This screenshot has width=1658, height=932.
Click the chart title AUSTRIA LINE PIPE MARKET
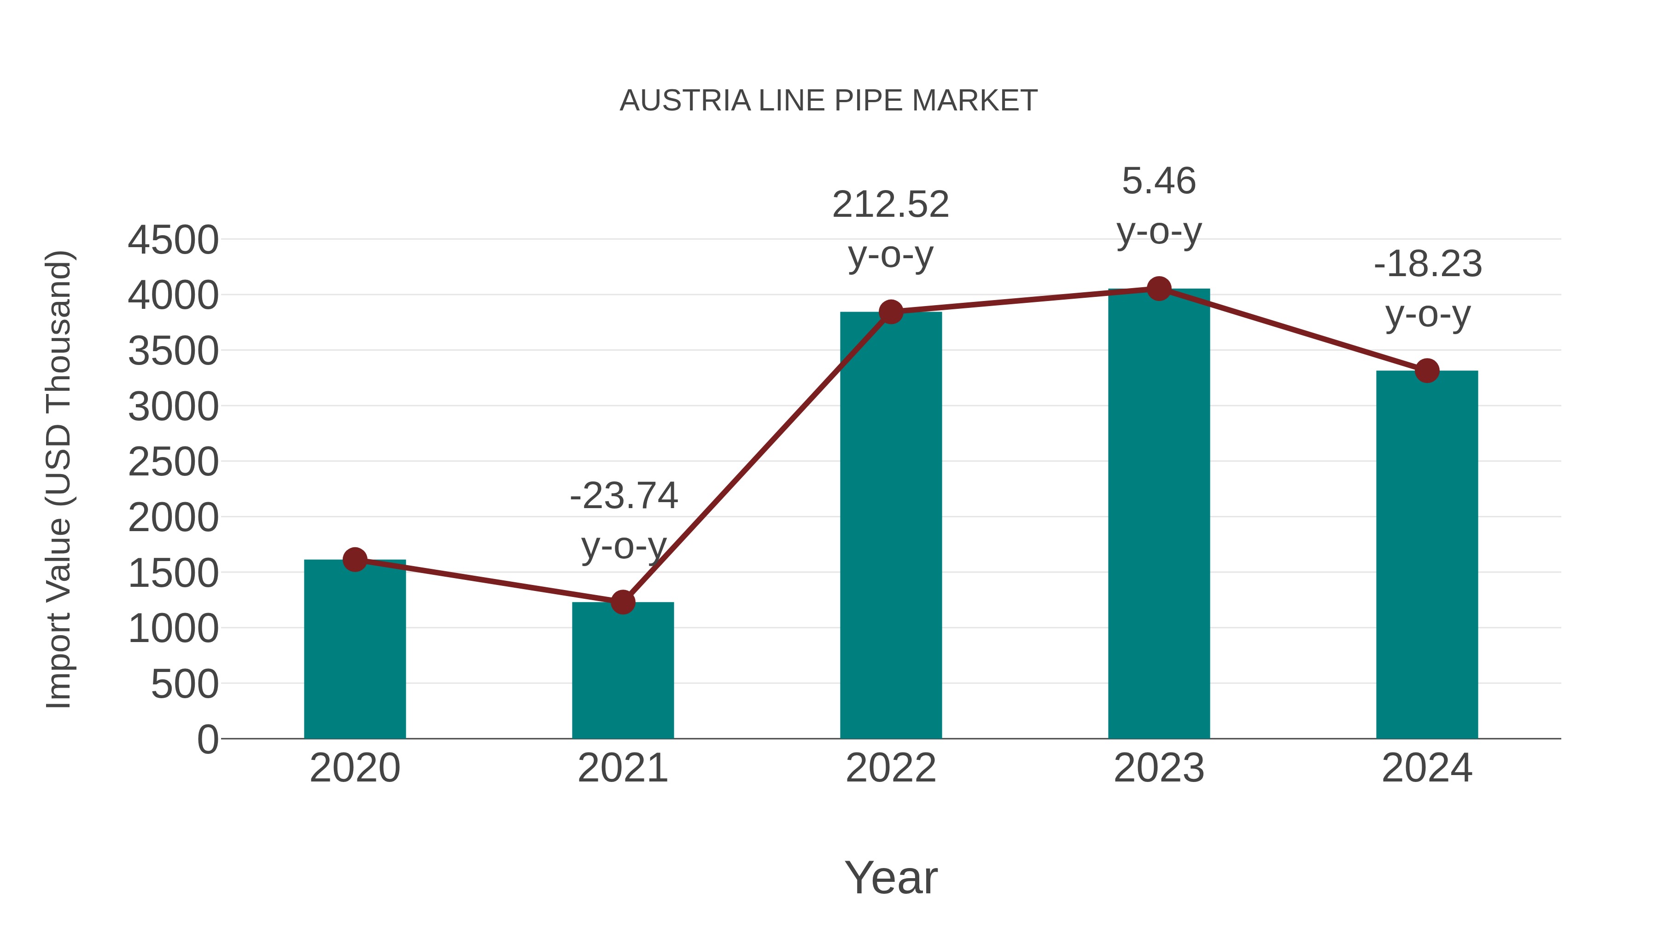pos(829,101)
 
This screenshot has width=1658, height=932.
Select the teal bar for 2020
pos(355,649)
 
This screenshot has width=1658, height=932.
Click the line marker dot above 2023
pos(1159,289)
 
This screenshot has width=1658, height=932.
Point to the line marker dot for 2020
pos(355,560)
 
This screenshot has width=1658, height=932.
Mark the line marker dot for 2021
pos(622,602)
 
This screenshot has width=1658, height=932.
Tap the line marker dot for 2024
pos(1427,370)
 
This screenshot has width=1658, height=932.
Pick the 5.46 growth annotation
pos(1159,181)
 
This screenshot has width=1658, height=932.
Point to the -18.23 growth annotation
pos(1428,264)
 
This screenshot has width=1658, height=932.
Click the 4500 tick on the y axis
pos(173,241)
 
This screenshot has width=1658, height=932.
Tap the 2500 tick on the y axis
pos(173,463)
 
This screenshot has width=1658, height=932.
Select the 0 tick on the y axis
pos(207,740)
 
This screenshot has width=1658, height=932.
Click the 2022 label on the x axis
pos(891,768)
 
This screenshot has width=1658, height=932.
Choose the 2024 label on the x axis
pos(1427,768)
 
